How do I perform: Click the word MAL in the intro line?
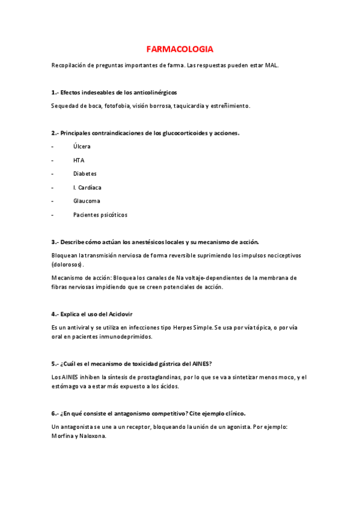pos(272,65)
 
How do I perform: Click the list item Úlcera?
pos(82,146)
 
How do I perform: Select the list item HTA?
pos(79,160)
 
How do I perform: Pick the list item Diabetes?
pos(85,174)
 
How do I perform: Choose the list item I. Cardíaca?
pos(87,188)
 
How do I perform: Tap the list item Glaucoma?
pos(87,201)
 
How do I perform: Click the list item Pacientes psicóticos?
pos(100,215)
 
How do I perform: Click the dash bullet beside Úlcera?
pos(53,146)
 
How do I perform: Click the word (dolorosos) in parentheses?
pos(68,264)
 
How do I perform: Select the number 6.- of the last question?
pos(55,413)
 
